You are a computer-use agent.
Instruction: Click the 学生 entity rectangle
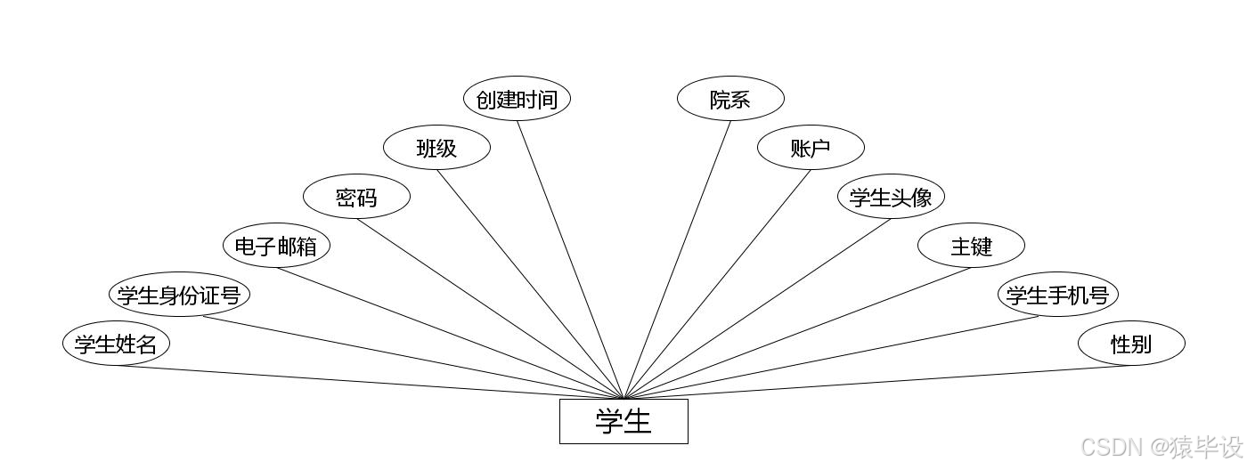click(x=623, y=421)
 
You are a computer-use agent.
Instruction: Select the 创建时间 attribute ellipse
click(x=517, y=99)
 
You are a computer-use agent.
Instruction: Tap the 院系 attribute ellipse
click(x=730, y=99)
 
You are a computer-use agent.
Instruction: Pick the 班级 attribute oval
click(x=436, y=148)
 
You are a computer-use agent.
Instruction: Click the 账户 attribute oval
click(x=811, y=148)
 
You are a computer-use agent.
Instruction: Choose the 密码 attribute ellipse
click(x=356, y=197)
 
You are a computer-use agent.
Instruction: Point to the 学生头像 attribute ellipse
click(x=891, y=197)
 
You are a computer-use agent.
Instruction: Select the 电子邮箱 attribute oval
click(x=276, y=246)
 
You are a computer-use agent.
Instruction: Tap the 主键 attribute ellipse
click(x=971, y=246)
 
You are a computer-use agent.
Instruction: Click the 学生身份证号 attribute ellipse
click(x=179, y=295)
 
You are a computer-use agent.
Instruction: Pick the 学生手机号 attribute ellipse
click(x=1057, y=295)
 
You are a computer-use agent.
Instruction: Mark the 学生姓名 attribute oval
click(x=116, y=344)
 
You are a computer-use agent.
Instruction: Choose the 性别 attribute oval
click(x=1131, y=344)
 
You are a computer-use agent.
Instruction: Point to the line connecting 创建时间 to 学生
click(x=570, y=259)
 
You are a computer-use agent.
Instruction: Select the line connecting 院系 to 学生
click(x=677, y=259)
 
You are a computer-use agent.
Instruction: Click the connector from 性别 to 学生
click(x=877, y=382)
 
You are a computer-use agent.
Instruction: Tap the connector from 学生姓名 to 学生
click(x=370, y=382)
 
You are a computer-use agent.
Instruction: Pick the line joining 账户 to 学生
click(x=717, y=284)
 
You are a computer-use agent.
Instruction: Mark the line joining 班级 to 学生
click(x=530, y=284)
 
